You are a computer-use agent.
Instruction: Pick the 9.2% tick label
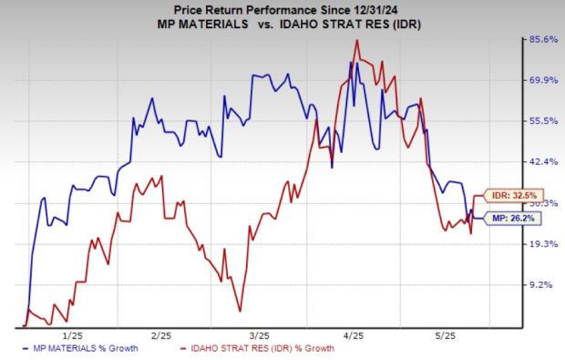544,285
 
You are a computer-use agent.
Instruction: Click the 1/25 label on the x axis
75,335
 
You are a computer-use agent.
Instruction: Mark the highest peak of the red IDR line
356,40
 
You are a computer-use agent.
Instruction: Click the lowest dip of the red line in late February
240,312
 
